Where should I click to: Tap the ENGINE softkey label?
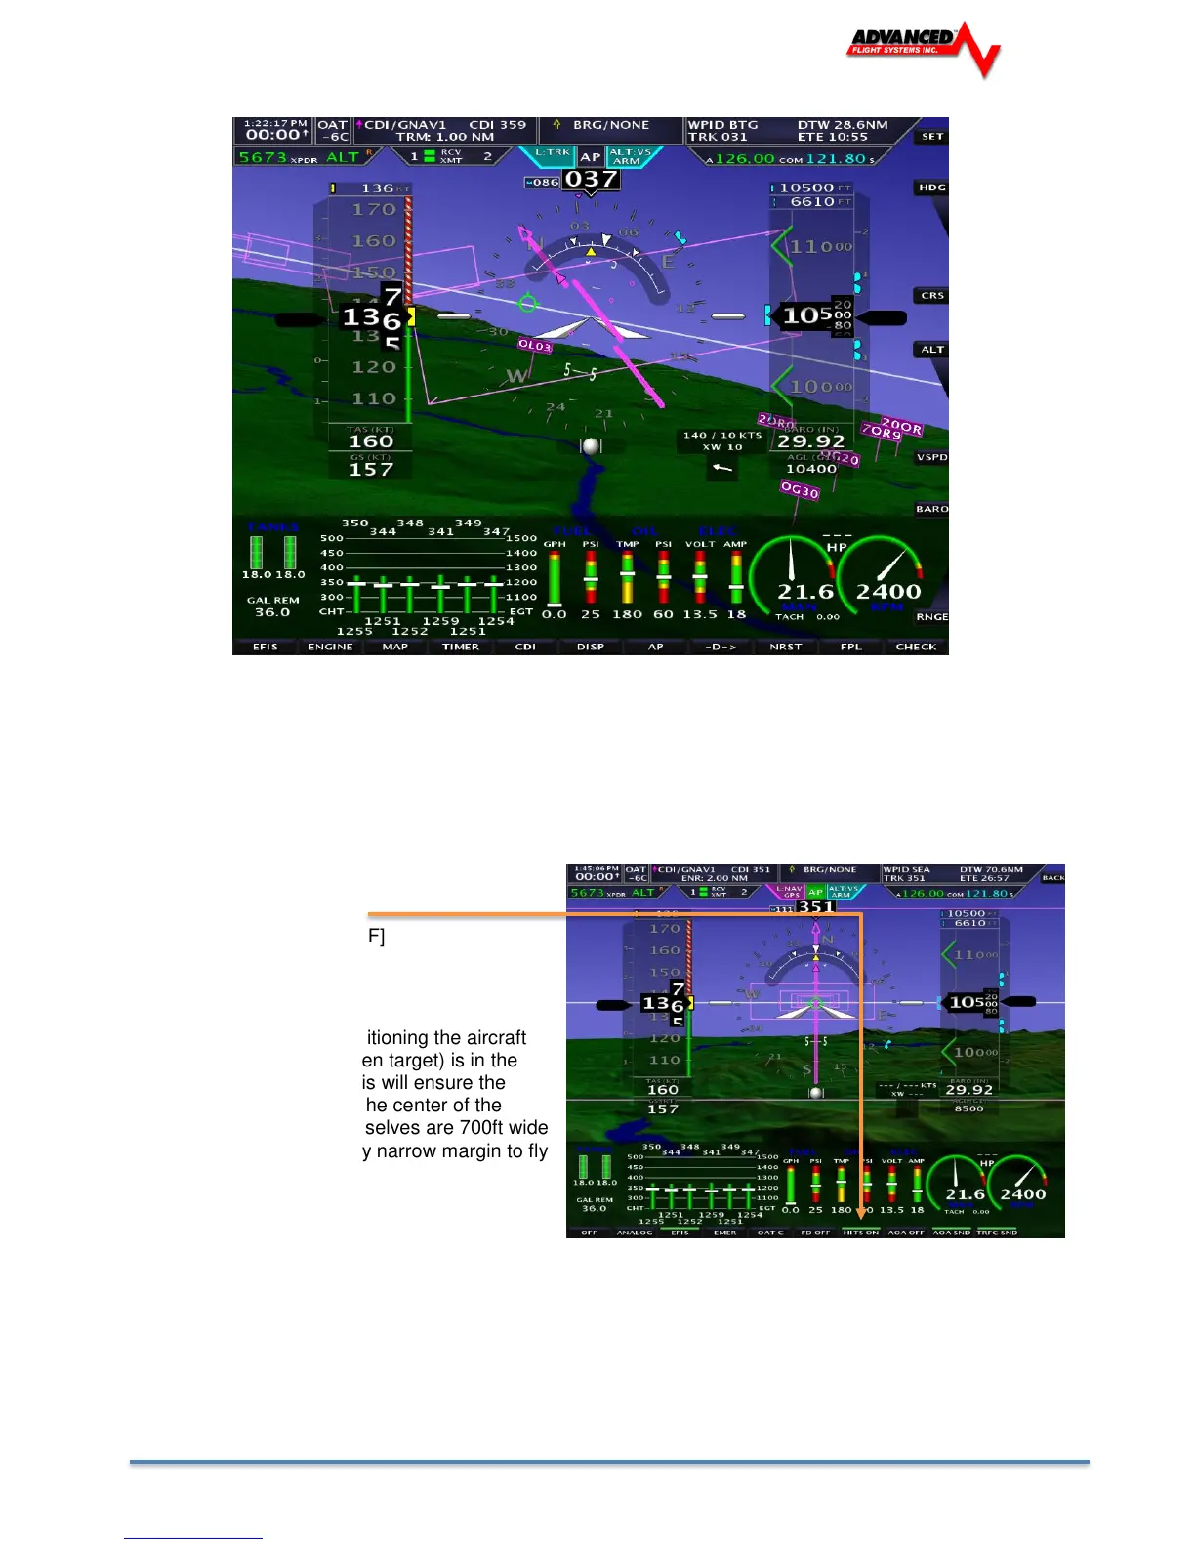point(330,647)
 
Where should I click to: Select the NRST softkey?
point(785,647)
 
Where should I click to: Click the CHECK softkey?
point(916,647)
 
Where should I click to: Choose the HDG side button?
point(931,188)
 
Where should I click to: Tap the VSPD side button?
point(931,457)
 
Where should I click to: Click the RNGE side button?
point(931,617)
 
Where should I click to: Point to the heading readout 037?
point(591,180)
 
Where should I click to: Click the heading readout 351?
point(815,907)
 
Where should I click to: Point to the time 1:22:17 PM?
point(275,124)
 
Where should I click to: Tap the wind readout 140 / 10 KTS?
point(721,436)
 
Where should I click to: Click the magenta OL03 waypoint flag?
point(535,345)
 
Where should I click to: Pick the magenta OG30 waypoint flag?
point(799,491)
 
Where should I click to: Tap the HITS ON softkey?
point(860,1233)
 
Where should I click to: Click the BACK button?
point(1052,878)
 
